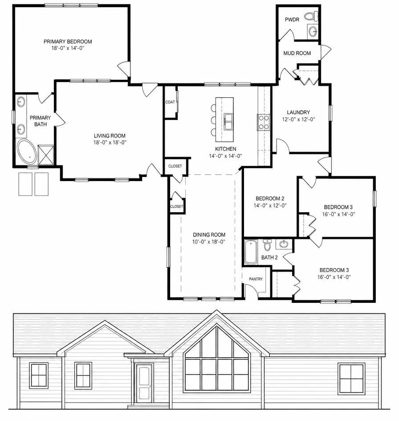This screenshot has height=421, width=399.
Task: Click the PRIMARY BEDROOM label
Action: (x=68, y=41)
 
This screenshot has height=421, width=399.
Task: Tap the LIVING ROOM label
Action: (x=110, y=136)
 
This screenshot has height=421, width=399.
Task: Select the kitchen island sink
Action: (x=229, y=122)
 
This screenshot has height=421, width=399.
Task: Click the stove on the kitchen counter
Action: (x=263, y=122)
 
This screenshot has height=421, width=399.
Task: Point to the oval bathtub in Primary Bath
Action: (x=27, y=152)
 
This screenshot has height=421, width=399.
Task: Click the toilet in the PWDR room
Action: (x=313, y=16)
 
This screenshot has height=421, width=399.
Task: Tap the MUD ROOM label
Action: (x=297, y=53)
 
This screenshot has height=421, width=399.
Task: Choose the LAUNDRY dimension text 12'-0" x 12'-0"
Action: (x=298, y=119)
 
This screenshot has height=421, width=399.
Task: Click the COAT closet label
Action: (x=170, y=102)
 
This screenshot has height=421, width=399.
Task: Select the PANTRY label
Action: (x=256, y=279)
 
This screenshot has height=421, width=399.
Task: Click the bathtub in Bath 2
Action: (x=251, y=252)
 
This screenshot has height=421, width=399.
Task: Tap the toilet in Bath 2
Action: (x=267, y=245)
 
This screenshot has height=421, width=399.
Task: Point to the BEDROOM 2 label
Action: (x=270, y=199)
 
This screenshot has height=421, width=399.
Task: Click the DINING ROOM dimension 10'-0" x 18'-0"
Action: (x=208, y=242)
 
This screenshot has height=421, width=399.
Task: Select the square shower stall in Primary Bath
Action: (x=46, y=154)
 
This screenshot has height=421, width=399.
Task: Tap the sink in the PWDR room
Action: (x=313, y=31)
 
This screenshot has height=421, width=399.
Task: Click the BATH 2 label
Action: (x=269, y=257)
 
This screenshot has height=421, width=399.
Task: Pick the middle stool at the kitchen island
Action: (x=213, y=120)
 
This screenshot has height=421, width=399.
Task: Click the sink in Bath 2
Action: (x=284, y=244)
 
